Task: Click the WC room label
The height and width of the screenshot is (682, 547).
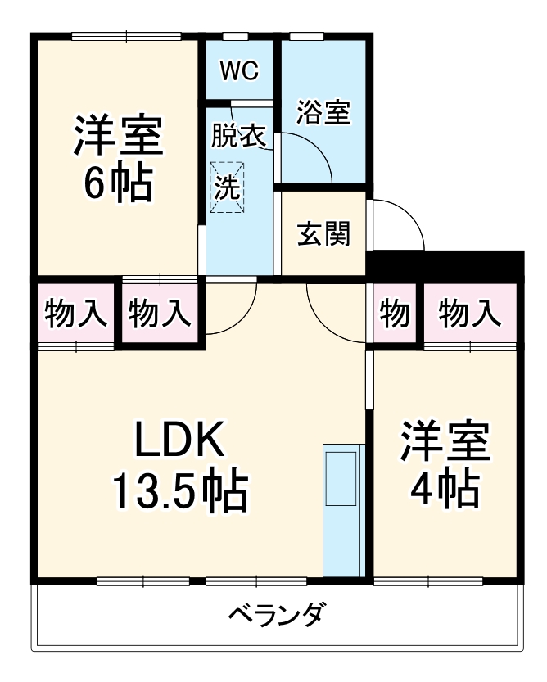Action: pyautogui.click(x=239, y=71)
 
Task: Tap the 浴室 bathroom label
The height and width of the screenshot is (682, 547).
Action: pyautogui.click(x=323, y=112)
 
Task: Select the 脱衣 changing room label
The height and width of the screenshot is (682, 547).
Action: pyautogui.click(x=238, y=136)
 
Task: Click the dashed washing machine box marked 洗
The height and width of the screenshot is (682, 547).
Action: pyautogui.click(x=227, y=187)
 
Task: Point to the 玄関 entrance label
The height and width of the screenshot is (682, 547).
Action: pyautogui.click(x=323, y=234)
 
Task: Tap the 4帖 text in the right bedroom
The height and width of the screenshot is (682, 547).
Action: pyautogui.click(x=444, y=489)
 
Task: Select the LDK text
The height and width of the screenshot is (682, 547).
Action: pyautogui.click(x=179, y=443)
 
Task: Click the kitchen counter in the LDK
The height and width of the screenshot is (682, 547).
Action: pyautogui.click(x=342, y=511)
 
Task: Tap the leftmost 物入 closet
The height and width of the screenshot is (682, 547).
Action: pyautogui.click(x=76, y=313)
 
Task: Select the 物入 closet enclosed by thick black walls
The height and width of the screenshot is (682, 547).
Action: pyautogui.click(x=160, y=313)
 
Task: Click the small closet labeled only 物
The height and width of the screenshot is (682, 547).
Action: pyautogui.click(x=395, y=313)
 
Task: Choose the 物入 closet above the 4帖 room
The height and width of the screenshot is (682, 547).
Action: pyautogui.click(x=468, y=313)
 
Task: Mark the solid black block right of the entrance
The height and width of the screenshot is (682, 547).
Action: pyautogui.click(x=445, y=264)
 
